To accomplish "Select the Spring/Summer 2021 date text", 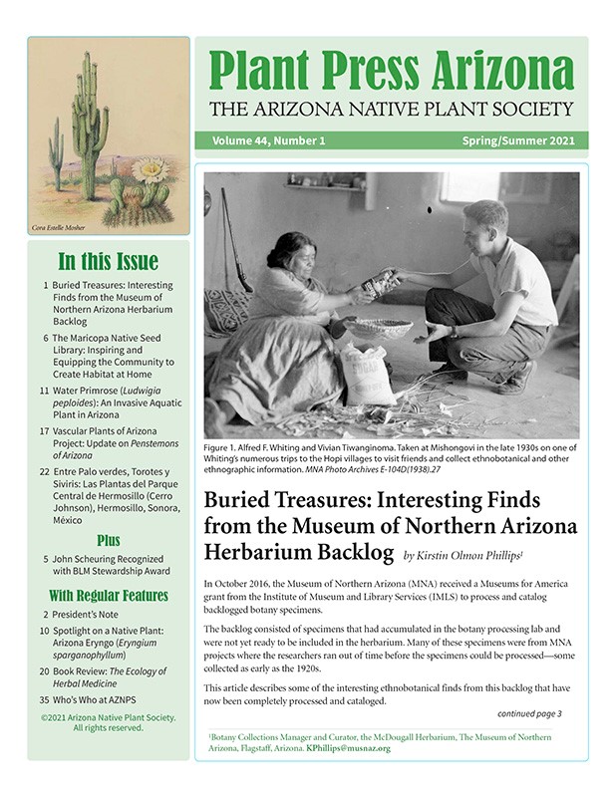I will tap(517, 140).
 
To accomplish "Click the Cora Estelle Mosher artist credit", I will tap(59, 228).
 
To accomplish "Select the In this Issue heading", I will tap(108, 263).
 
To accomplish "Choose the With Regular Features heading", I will tap(108, 596).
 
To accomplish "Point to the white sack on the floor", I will tap(368, 375).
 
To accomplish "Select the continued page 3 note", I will tap(529, 713).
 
